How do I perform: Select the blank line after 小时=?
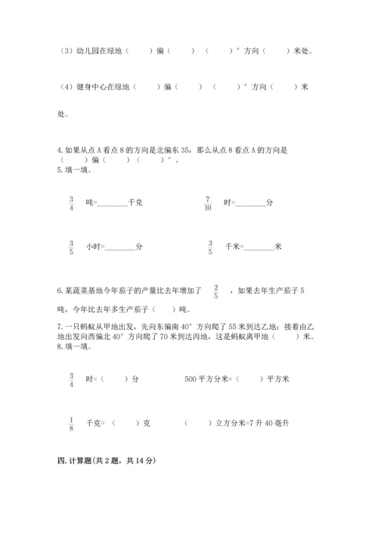point(119,248)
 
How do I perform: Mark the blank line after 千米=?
point(259,248)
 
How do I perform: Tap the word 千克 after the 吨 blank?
point(136,204)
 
